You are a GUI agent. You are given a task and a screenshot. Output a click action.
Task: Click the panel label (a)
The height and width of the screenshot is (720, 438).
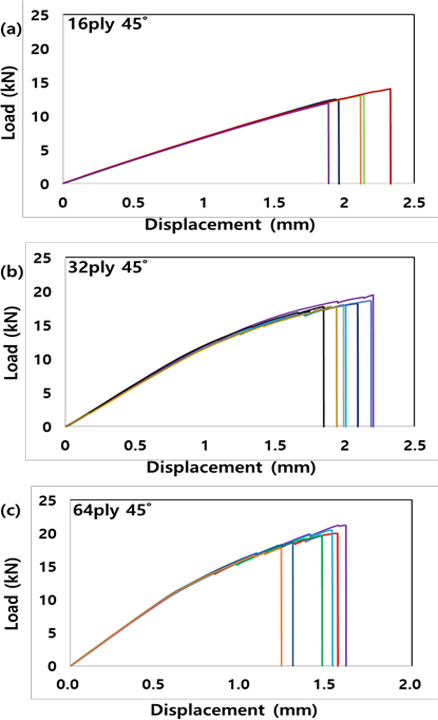click(10, 30)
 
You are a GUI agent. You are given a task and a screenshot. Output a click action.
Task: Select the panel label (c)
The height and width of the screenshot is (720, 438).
click(10, 511)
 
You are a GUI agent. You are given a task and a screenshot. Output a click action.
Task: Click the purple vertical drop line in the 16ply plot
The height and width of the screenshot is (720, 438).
click(328, 146)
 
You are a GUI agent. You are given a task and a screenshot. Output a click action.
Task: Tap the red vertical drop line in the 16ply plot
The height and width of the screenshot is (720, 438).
click(391, 139)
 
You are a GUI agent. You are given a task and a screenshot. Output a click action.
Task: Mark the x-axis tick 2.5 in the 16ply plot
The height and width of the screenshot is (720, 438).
click(414, 203)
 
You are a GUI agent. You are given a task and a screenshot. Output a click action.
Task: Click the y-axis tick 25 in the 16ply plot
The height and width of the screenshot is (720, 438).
click(40, 16)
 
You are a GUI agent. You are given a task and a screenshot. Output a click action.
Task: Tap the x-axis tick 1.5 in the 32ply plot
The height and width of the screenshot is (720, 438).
click(275, 446)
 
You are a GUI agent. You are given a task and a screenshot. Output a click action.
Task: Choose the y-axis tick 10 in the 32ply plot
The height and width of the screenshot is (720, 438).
click(42, 359)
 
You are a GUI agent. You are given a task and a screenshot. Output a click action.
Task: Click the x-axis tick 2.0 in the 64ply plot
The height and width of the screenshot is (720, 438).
click(409, 685)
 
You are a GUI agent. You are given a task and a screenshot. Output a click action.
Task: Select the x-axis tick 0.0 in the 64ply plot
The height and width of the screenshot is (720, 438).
click(68, 685)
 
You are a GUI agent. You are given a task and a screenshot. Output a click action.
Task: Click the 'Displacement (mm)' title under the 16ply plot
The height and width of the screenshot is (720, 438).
click(230, 225)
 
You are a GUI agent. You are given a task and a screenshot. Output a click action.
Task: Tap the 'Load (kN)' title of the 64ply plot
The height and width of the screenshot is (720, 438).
click(12, 594)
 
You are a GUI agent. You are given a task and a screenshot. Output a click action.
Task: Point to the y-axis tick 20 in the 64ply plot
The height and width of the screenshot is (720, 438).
click(47, 534)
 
